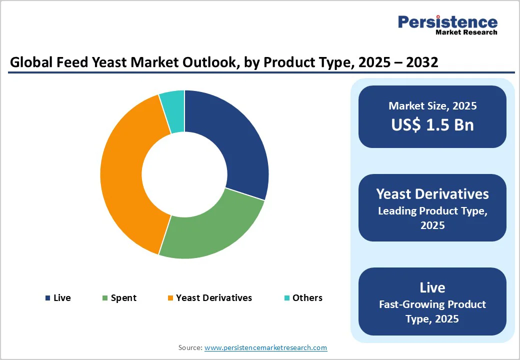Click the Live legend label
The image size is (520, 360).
pos(62,298)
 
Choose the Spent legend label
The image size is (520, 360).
pos(123,298)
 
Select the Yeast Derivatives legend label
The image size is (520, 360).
pos(214,298)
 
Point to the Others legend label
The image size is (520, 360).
pos(307,298)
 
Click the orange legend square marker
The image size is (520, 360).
pos(170,298)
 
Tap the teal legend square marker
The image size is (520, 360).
pos(287,298)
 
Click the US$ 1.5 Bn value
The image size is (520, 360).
pos(432,125)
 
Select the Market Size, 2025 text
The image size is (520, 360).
pos(432,106)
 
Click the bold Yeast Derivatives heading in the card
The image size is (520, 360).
pos(432,194)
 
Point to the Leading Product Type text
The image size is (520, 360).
pos(432,211)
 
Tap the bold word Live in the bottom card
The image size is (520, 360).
pos(432,287)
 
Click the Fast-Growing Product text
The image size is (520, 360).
pos(432,304)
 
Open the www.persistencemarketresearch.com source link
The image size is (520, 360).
pos(266,347)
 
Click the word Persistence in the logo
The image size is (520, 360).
pos(447,22)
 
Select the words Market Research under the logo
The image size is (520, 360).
pos(466,32)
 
